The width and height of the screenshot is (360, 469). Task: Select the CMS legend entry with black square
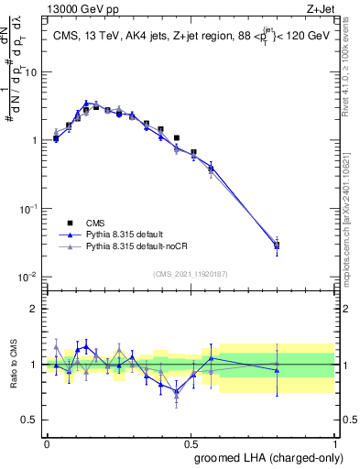96,223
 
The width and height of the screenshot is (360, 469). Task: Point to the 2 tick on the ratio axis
35,308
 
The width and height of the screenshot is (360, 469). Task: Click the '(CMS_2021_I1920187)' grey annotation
190,273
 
